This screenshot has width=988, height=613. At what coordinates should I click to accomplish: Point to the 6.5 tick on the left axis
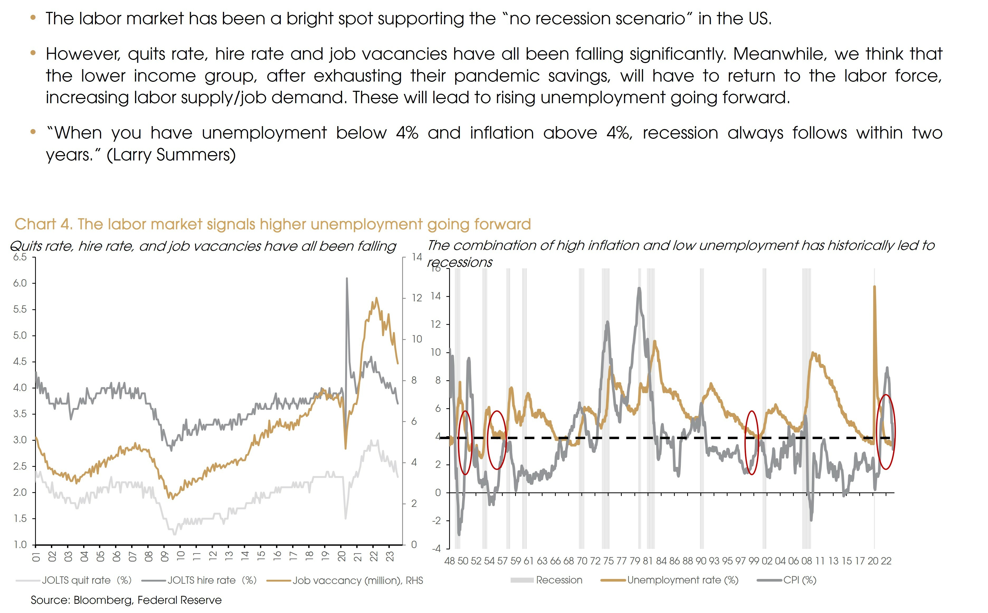[x=20, y=257]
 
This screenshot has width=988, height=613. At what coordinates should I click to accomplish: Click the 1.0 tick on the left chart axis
[x=20, y=544]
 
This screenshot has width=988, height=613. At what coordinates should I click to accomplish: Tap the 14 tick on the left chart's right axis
[x=416, y=257]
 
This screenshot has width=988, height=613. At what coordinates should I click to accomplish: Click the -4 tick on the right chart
[x=436, y=549]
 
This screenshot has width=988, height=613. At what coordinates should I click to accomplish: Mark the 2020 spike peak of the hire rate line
[x=347, y=278]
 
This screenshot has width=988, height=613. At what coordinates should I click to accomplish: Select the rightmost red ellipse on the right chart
[x=886, y=432]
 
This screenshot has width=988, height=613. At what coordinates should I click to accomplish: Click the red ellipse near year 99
[x=752, y=443]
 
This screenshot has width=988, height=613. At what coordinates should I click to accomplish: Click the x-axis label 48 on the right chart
[x=450, y=561]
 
